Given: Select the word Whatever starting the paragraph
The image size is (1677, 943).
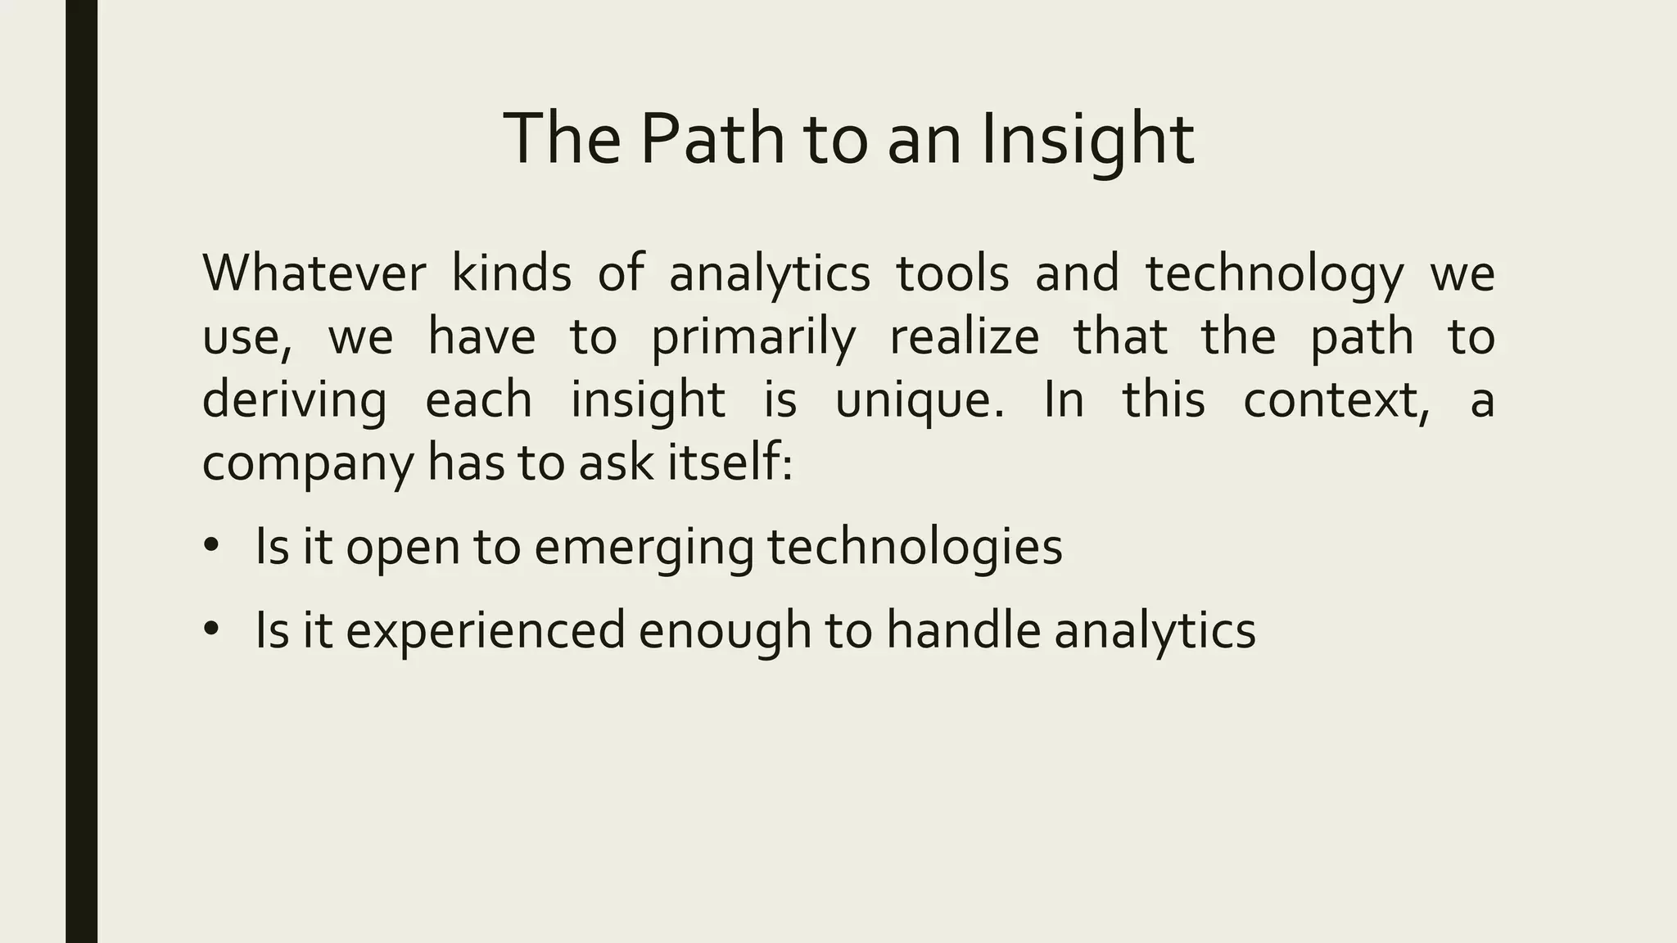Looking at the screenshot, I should click(x=314, y=273).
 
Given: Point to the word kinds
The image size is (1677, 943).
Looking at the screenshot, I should click(x=512, y=273).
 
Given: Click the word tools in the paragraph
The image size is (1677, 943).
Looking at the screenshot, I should click(x=953, y=273).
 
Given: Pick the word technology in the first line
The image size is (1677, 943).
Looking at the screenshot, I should click(x=1274, y=275).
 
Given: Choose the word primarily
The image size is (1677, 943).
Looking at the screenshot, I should click(x=753, y=337).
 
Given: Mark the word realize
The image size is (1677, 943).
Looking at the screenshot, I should click(x=964, y=336).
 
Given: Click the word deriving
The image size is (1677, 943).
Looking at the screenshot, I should click(x=295, y=400).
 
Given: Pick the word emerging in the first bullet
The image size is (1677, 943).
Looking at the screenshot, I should click(x=644, y=547).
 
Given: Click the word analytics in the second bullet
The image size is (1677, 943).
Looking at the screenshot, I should click(x=1155, y=630).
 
